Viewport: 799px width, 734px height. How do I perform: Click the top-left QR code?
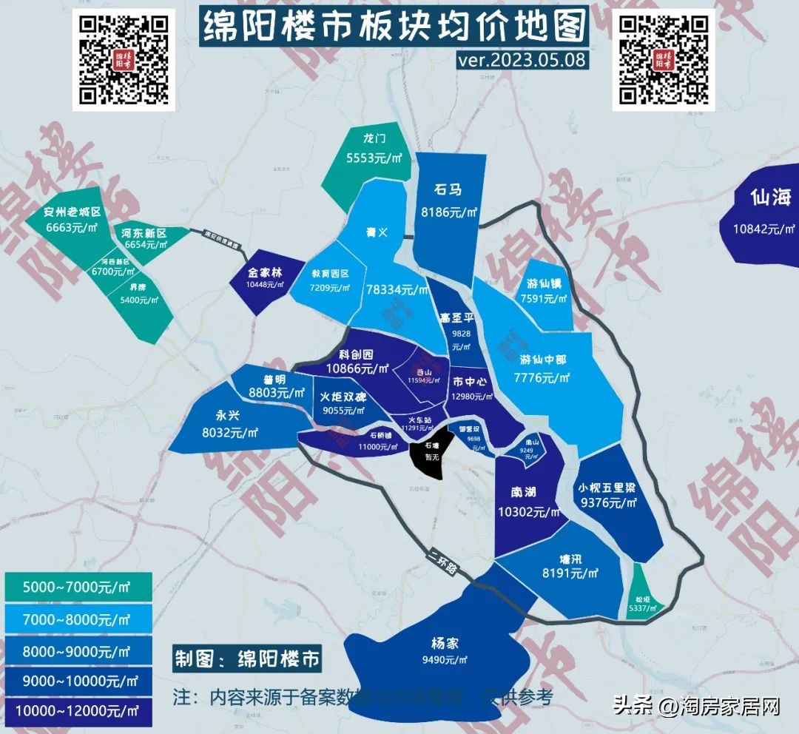pos(124,60)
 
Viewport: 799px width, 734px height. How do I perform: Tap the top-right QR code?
pos(663,60)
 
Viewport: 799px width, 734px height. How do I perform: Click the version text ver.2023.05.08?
pos(522,59)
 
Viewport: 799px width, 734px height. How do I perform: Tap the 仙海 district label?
pos(770,198)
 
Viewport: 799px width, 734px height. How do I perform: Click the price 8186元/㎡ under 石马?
pos(450,212)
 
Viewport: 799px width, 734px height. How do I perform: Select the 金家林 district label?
pos(264,271)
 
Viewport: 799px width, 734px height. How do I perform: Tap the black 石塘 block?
pos(429,453)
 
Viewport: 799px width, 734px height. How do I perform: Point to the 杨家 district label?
pos(445,643)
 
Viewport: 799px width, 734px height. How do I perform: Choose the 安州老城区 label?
pos(72,213)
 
